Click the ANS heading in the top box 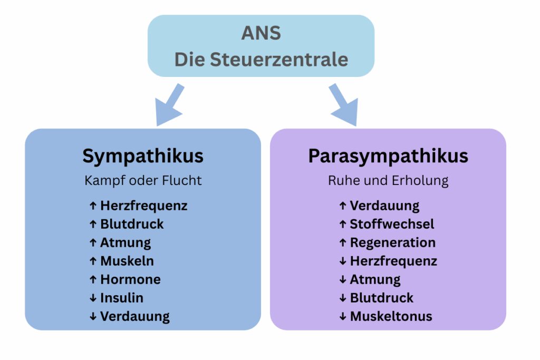pyautogui.click(x=261, y=33)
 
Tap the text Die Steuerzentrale pyautogui.click(x=261, y=59)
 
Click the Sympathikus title pyautogui.click(x=143, y=156)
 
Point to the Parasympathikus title pyautogui.click(x=388, y=156)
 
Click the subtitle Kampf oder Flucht pyautogui.click(x=143, y=180)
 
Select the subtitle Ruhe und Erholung pyautogui.click(x=388, y=180)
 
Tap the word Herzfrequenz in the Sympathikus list pyautogui.click(x=143, y=206)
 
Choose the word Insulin pyautogui.click(x=122, y=298)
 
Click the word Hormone pyautogui.click(x=130, y=279)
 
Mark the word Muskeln pyautogui.click(x=127, y=261)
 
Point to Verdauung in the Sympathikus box pyautogui.click(x=135, y=316)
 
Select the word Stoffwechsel pyautogui.click(x=392, y=224)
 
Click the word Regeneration pyautogui.click(x=393, y=242)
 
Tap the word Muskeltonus pyautogui.click(x=391, y=316)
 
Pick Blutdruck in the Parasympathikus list pyautogui.click(x=382, y=298)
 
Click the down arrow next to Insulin pyautogui.click(x=93, y=298)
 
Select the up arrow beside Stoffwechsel pyautogui.click(x=343, y=224)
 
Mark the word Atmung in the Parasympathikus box pyautogui.click(x=375, y=279)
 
